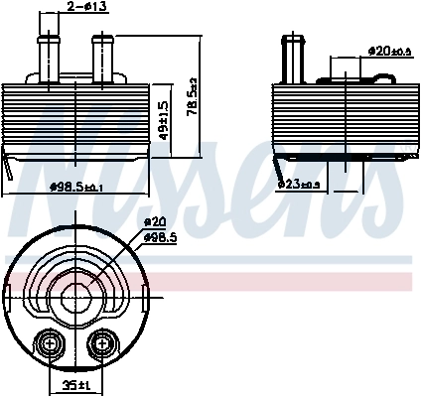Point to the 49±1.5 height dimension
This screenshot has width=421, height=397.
[x=164, y=116]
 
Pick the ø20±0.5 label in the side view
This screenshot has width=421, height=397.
[x=389, y=50]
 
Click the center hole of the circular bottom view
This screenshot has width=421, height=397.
[x=74, y=299]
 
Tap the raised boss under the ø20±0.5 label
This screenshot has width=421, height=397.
[x=342, y=72]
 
